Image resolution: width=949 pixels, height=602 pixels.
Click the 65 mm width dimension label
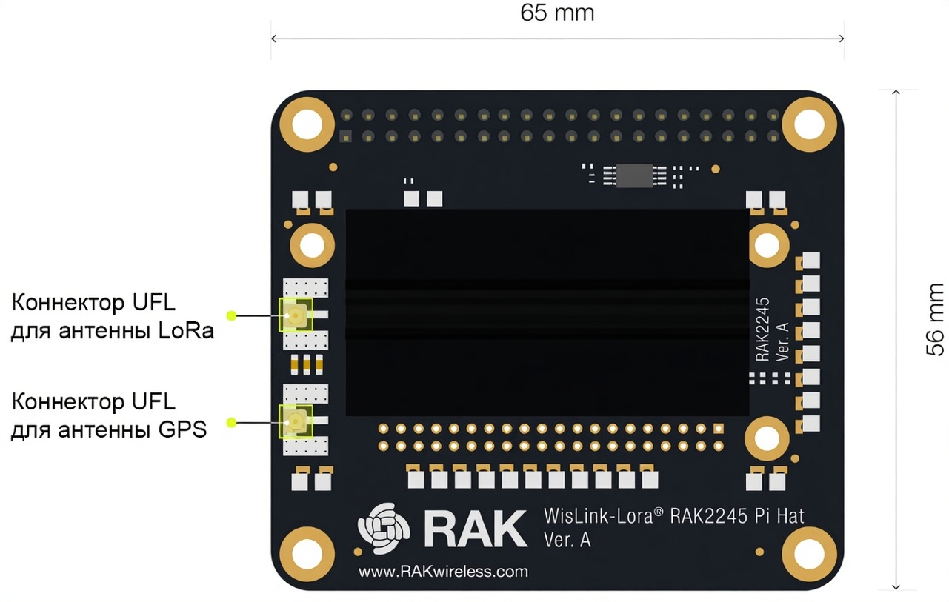(x=557, y=13)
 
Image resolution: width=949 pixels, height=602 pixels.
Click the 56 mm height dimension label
(x=935, y=319)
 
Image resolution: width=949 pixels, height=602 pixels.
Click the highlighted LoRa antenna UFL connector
(x=295, y=315)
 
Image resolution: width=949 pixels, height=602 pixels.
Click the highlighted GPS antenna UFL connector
(x=295, y=422)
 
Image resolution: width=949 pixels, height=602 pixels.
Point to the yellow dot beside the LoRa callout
(x=231, y=315)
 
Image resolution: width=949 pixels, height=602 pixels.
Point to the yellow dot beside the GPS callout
(x=231, y=423)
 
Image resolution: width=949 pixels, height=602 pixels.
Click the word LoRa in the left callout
(x=186, y=330)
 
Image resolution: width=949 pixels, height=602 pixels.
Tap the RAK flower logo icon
(x=383, y=528)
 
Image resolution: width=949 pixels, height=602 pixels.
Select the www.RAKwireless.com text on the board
(x=443, y=571)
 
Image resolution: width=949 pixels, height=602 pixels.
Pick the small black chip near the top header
(x=634, y=175)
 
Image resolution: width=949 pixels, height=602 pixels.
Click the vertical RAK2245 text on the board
(x=763, y=330)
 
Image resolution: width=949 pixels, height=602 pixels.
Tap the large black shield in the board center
(x=547, y=312)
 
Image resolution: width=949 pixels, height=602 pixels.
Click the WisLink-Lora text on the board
(x=599, y=515)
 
